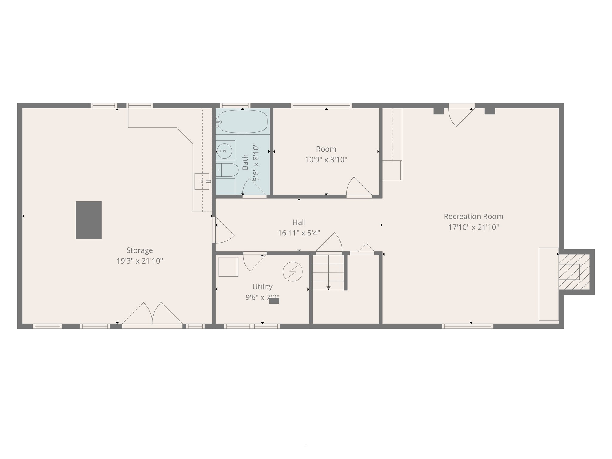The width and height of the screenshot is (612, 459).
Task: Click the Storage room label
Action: (x=140, y=250)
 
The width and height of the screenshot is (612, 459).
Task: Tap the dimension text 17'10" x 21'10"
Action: (x=473, y=227)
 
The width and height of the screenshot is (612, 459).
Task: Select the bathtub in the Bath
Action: (x=242, y=121)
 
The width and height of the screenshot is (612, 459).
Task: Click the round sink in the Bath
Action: (x=224, y=151)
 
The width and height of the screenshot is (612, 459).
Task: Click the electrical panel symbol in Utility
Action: (x=293, y=272)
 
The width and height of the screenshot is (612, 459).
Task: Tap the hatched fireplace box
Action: (x=574, y=272)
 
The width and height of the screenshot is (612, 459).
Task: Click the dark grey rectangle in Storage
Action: (x=88, y=220)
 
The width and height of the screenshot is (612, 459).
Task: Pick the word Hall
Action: (x=299, y=222)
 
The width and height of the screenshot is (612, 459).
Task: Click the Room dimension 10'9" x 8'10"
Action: (x=326, y=160)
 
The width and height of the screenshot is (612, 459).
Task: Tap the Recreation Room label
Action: (x=473, y=216)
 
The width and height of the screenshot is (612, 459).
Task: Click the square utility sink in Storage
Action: (x=202, y=181)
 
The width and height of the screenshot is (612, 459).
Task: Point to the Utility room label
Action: (x=262, y=287)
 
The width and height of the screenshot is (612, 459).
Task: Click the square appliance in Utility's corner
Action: (x=228, y=267)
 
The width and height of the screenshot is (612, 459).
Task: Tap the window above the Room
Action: (x=321, y=105)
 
